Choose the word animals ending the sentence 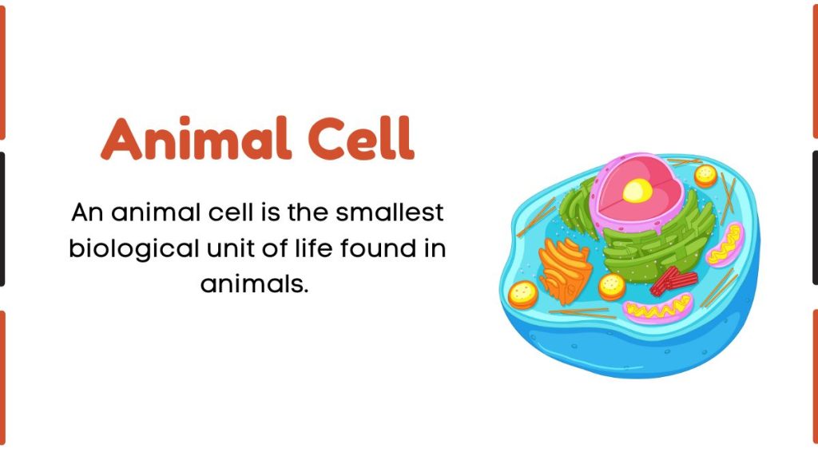[254, 284]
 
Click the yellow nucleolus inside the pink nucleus [636, 190]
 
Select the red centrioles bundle [671, 280]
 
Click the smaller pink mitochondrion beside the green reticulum [725, 244]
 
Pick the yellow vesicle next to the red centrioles [612, 285]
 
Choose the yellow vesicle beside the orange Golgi [523, 294]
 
